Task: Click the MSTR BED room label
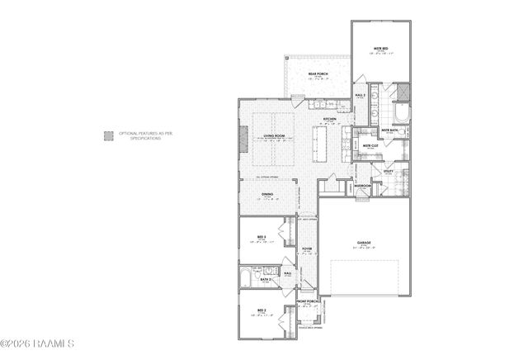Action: [380, 49]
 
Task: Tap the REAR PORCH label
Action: [318, 73]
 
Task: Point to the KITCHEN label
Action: [330, 120]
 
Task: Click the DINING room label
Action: [267, 195]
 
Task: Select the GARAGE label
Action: [364, 243]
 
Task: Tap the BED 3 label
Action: [262, 237]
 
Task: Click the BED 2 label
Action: [261, 311]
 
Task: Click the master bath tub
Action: [403, 113]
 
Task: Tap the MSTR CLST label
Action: [370, 146]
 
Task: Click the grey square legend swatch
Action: [107, 135]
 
